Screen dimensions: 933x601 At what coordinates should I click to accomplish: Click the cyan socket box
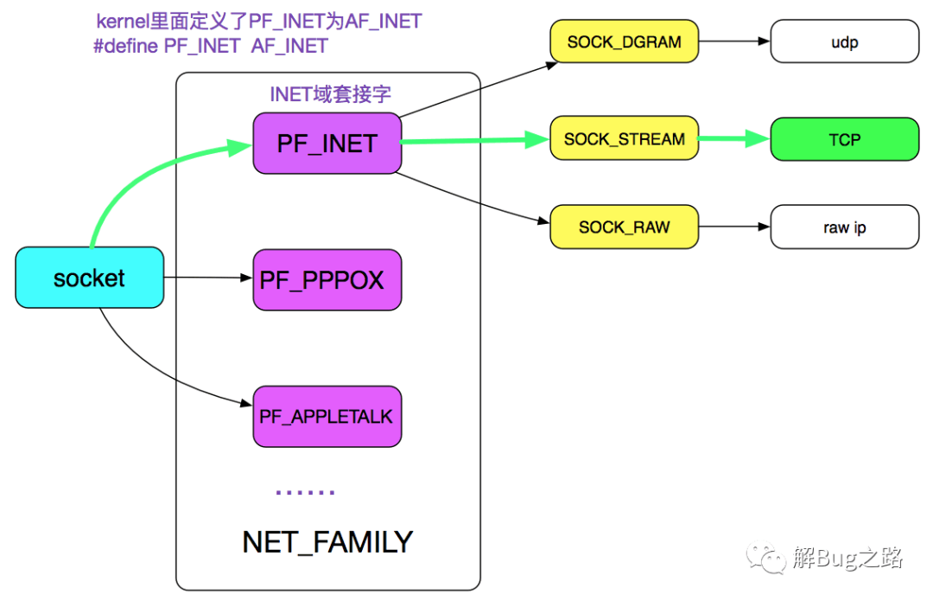[89, 278]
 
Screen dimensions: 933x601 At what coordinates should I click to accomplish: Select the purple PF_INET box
[327, 144]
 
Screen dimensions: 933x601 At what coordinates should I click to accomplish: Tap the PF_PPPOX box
[327, 280]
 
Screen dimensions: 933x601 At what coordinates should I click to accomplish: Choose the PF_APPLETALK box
[327, 416]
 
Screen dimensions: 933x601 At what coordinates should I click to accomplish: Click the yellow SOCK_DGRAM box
[625, 42]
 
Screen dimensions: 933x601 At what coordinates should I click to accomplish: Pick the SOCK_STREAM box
[625, 138]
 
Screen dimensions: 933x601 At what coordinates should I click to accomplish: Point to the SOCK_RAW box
[625, 227]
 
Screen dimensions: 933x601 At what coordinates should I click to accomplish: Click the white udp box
[845, 42]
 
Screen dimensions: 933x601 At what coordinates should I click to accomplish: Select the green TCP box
[845, 139]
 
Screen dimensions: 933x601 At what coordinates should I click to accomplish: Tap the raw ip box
[845, 227]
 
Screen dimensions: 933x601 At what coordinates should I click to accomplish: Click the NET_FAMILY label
[327, 542]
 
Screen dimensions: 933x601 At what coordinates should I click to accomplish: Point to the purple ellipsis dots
[305, 493]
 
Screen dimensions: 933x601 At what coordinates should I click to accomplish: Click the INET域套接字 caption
[330, 94]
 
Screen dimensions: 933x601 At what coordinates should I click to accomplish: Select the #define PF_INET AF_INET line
[211, 46]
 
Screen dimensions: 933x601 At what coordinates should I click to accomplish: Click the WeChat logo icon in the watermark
[766, 558]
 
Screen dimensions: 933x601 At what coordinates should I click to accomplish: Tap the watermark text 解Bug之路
[848, 558]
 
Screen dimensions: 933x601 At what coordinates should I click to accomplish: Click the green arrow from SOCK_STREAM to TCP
[734, 138]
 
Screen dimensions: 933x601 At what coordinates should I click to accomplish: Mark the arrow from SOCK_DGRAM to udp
[734, 42]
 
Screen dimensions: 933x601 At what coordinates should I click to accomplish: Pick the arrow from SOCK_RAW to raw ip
[734, 227]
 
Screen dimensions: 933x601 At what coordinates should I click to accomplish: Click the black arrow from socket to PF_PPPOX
[208, 278]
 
